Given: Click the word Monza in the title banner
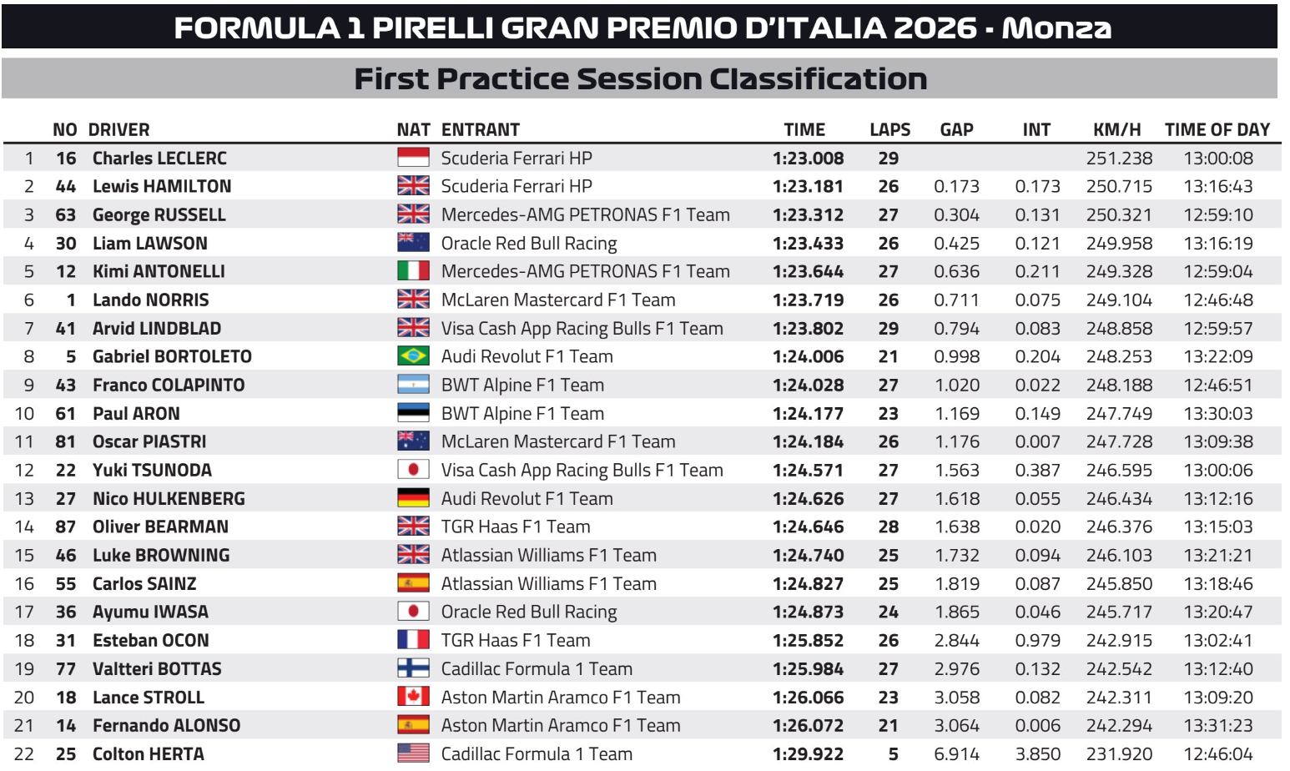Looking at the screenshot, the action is (1056, 28).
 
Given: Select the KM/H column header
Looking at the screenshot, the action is (1116, 129).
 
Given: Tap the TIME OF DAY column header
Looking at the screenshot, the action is (1217, 129).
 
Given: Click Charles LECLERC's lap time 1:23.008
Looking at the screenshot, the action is (808, 159).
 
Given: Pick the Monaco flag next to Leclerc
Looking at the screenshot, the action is (413, 158).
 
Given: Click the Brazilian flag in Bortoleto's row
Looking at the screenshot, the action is (413, 355).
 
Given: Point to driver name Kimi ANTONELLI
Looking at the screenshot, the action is (159, 271).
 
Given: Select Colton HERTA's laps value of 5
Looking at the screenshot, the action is (893, 753).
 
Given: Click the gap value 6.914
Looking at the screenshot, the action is (956, 753).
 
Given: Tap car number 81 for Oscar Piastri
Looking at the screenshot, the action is (66, 441).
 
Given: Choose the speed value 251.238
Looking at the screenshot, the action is (1119, 159).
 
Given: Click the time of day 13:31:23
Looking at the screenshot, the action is (1218, 725).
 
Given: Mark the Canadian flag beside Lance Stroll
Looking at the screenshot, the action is (413, 697).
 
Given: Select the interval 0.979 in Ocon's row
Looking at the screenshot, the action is (1037, 640).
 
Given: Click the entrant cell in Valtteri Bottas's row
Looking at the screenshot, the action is (537, 669).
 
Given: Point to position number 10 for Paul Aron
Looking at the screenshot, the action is (25, 413).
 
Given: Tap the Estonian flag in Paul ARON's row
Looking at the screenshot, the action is (413, 413).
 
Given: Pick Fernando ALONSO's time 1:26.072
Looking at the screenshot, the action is (808, 725).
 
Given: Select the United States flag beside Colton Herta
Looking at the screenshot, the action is (413, 753).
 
